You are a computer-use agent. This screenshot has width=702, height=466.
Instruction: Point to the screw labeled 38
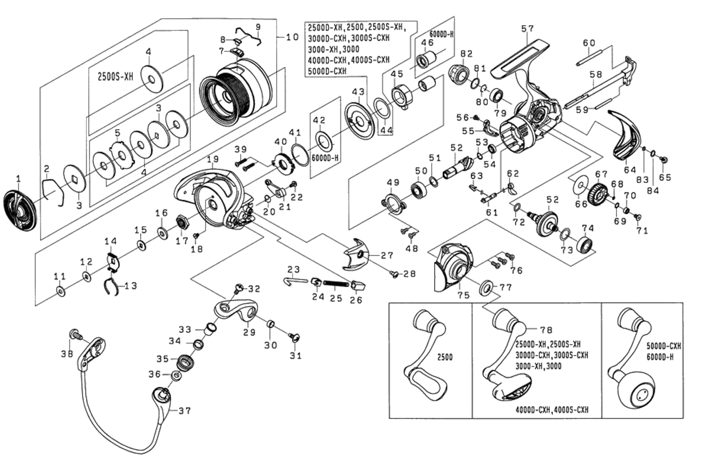click(x=74, y=334)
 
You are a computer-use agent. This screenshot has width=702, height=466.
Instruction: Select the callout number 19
click(x=212, y=159)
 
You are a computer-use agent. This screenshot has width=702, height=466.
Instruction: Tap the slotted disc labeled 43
click(x=358, y=120)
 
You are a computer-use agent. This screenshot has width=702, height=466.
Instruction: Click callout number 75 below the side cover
click(x=463, y=296)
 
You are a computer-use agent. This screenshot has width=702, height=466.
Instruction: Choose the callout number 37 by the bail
click(x=184, y=411)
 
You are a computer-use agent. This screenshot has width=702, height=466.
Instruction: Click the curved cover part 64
click(x=625, y=136)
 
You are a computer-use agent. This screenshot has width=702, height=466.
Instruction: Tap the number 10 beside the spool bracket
click(x=291, y=37)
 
